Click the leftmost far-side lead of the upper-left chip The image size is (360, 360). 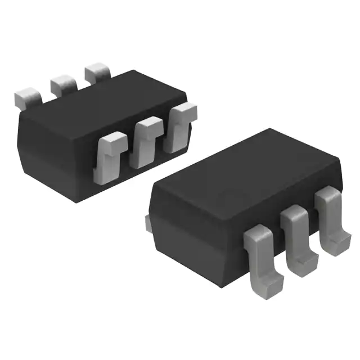[x=28, y=96]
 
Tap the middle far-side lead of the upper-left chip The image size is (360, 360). [x=63, y=84]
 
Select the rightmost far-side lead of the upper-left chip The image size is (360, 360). [x=97, y=73]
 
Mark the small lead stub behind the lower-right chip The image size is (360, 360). [x=148, y=223]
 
